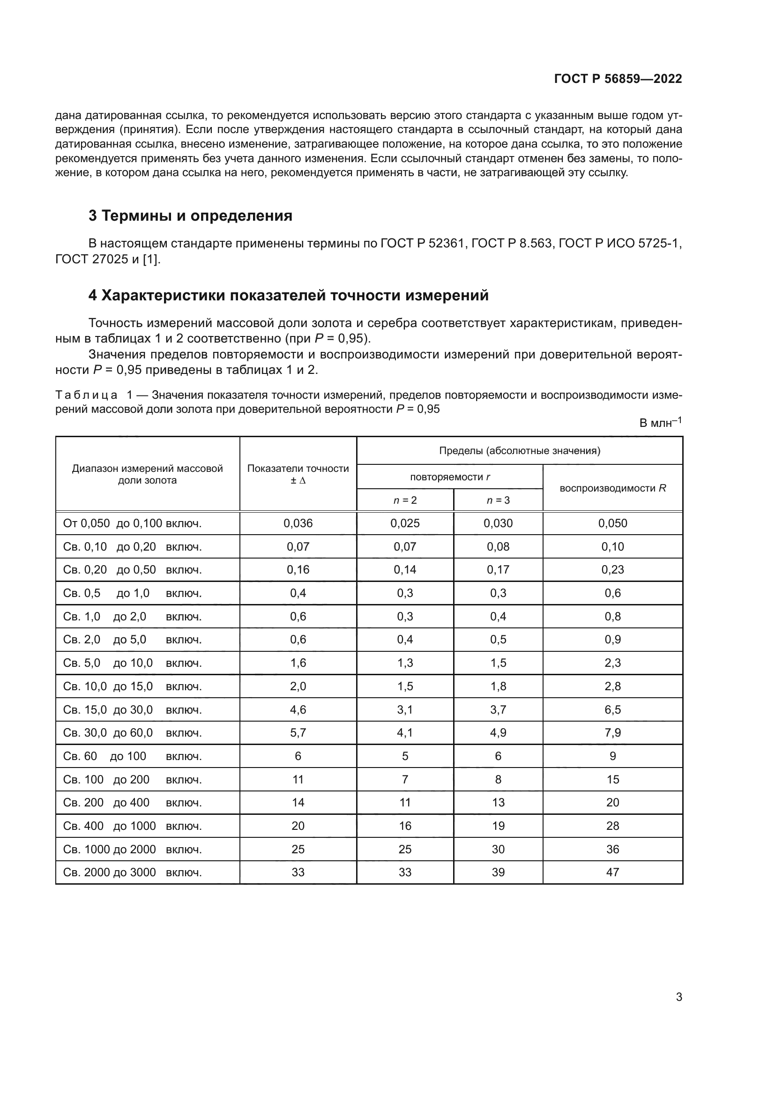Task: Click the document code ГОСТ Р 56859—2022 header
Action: click(x=618, y=79)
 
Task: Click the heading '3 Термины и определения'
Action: click(x=190, y=216)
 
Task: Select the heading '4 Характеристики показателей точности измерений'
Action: click(x=288, y=296)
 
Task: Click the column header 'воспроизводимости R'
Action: click(x=612, y=488)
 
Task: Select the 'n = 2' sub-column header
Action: click(x=405, y=500)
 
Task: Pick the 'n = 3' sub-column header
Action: click(x=498, y=500)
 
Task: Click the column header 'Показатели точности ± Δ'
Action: click(x=298, y=474)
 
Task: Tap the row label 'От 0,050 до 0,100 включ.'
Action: click(x=132, y=523)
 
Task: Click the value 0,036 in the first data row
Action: click(x=298, y=523)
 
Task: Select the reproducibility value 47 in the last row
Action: click(x=612, y=872)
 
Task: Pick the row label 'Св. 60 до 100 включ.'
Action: click(x=132, y=756)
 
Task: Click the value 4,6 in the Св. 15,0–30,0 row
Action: click(x=298, y=709)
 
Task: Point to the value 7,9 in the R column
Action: click(x=612, y=733)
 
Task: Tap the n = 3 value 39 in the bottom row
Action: click(x=498, y=872)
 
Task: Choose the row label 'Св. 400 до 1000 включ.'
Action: click(x=132, y=826)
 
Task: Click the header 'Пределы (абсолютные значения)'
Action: click(x=519, y=451)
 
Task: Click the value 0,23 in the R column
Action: click(x=612, y=569)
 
